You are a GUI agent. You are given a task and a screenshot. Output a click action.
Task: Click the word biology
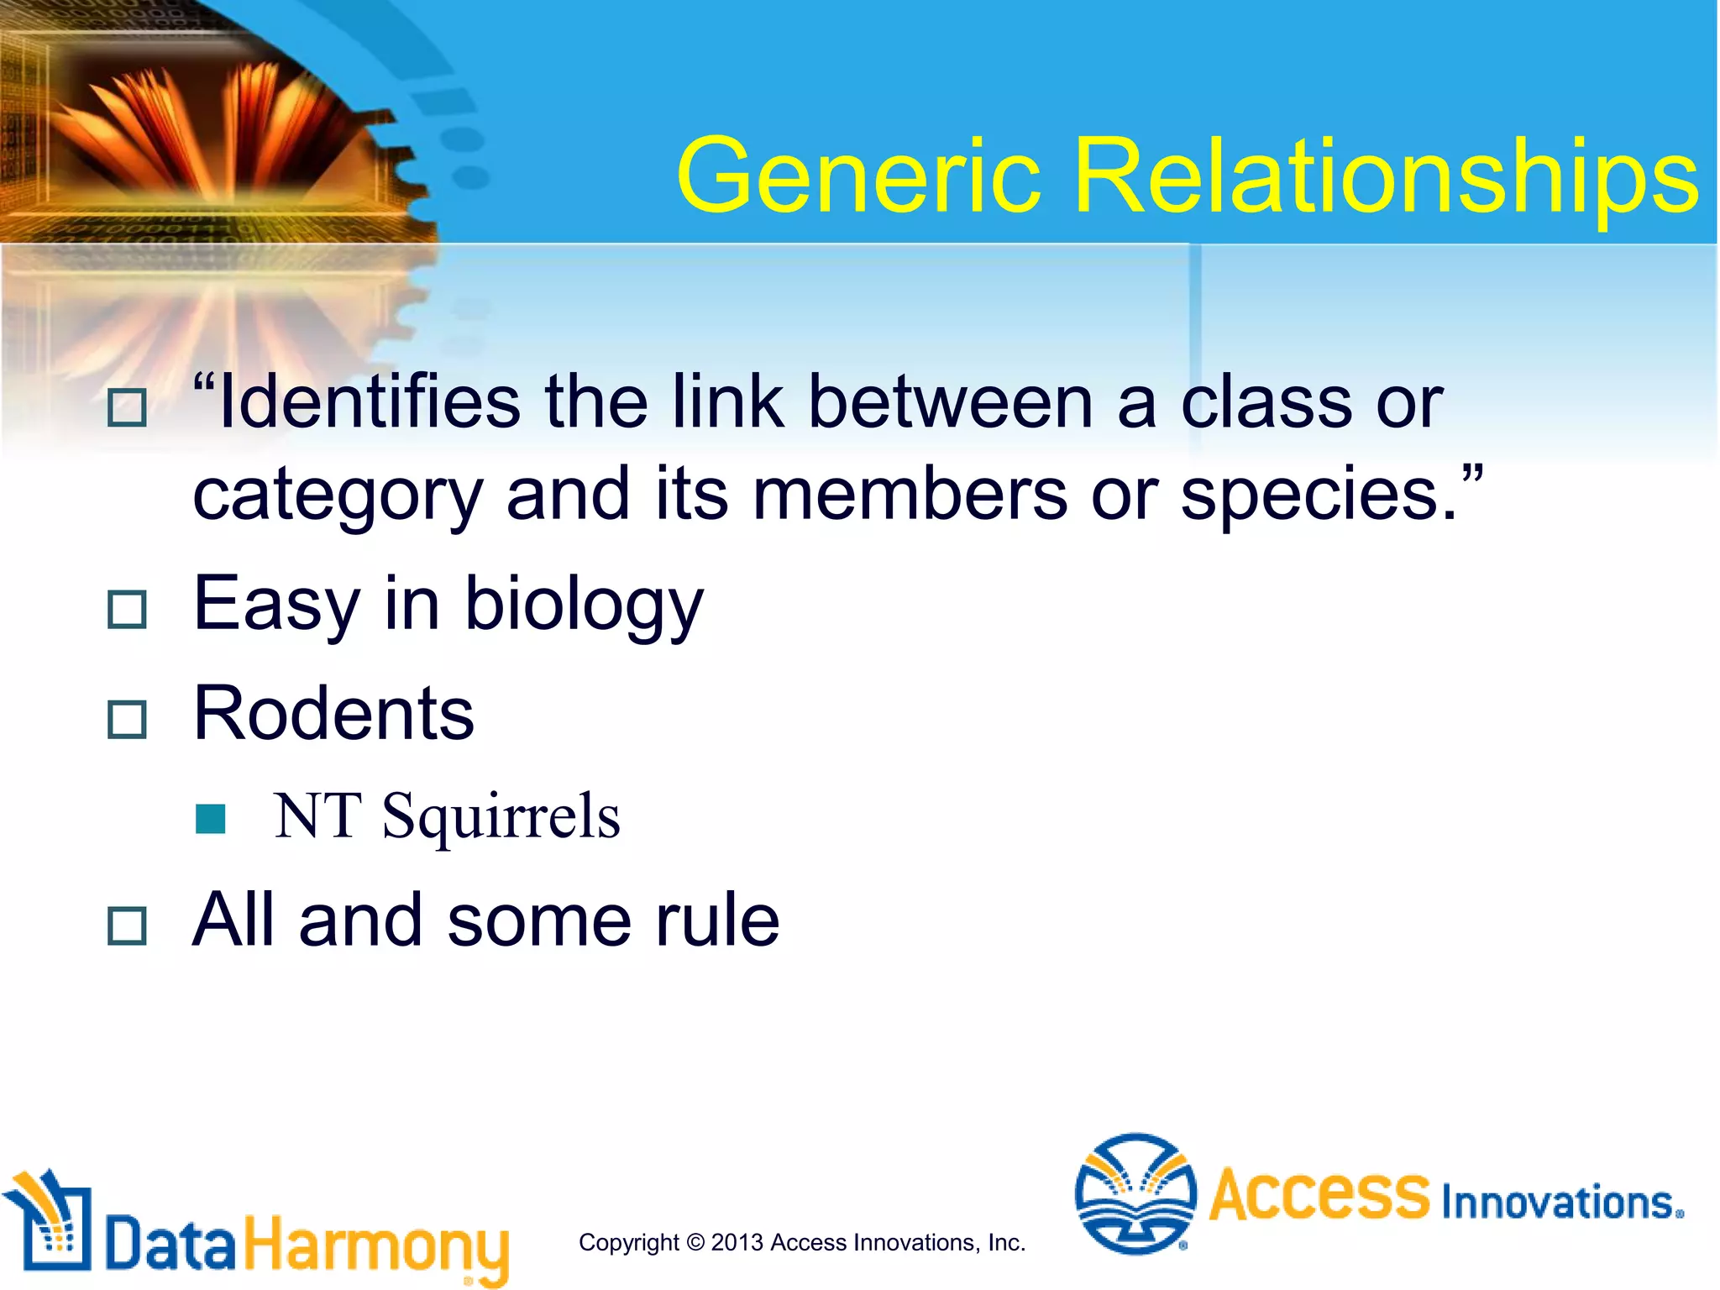click(584, 606)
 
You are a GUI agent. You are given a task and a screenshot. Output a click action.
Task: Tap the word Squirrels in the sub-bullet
click(501, 816)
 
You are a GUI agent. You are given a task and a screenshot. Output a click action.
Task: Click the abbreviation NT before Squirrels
click(317, 816)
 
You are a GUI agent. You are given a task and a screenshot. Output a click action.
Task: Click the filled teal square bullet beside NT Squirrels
click(210, 819)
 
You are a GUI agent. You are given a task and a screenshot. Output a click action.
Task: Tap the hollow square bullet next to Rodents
click(128, 720)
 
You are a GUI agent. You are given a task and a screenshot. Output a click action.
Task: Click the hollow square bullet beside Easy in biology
click(128, 610)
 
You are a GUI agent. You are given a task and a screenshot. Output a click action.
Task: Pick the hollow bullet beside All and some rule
click(128, 926)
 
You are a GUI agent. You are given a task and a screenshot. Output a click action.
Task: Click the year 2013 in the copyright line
click(737, 1242)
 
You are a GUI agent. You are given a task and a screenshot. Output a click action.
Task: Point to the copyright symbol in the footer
click(695, 1242)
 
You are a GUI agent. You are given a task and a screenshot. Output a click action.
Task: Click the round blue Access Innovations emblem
click(1135, 1193)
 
